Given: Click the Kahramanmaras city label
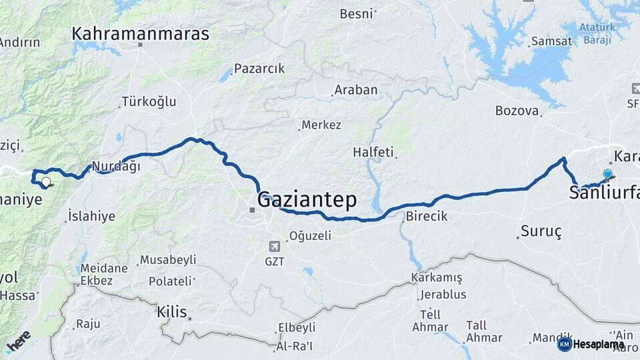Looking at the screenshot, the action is tap(140, 34).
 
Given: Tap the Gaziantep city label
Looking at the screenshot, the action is tap(307, 199).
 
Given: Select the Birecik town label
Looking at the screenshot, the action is tap(426, 217).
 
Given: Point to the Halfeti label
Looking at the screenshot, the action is tap(373, 152).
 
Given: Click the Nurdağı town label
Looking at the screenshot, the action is tap(116, 167).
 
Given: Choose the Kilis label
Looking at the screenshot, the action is tap(172, 311).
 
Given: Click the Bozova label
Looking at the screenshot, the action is tap(517, 111).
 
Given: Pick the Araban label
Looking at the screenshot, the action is tap(356, 90).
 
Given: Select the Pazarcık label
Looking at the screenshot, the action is tap(259, 69).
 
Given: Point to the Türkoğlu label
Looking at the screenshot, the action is tap(148, 102).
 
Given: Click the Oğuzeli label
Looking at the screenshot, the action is tap(309, 236).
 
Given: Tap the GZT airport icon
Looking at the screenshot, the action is tap(274, 246).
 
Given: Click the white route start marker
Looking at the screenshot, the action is tap(45, 181).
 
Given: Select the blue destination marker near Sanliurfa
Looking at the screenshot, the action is tap(607, 175).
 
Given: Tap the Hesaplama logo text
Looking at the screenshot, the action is tap(598, 345).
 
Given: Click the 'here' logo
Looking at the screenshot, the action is tap(18, 341).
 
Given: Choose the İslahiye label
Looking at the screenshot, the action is tap(91, 216).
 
